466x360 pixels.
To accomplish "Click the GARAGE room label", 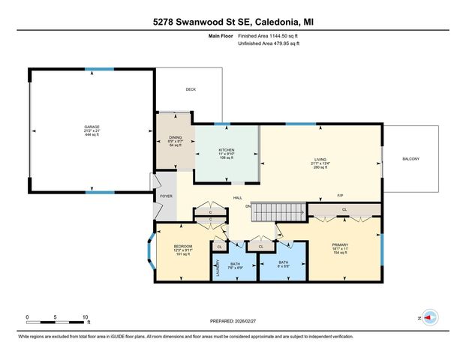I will click(92, 127).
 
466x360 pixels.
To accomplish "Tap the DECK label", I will click(191, 89).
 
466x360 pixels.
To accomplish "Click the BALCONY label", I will click(410, 159).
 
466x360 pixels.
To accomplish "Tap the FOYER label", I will click(165, 196).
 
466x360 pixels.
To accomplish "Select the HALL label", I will click(237, 197).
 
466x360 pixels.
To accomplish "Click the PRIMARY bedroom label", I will click(341, 244).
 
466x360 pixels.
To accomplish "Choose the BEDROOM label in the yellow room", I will click(183, 246).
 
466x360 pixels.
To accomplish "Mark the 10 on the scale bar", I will click(86, 317).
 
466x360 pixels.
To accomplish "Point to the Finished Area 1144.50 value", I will click(269, 35).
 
